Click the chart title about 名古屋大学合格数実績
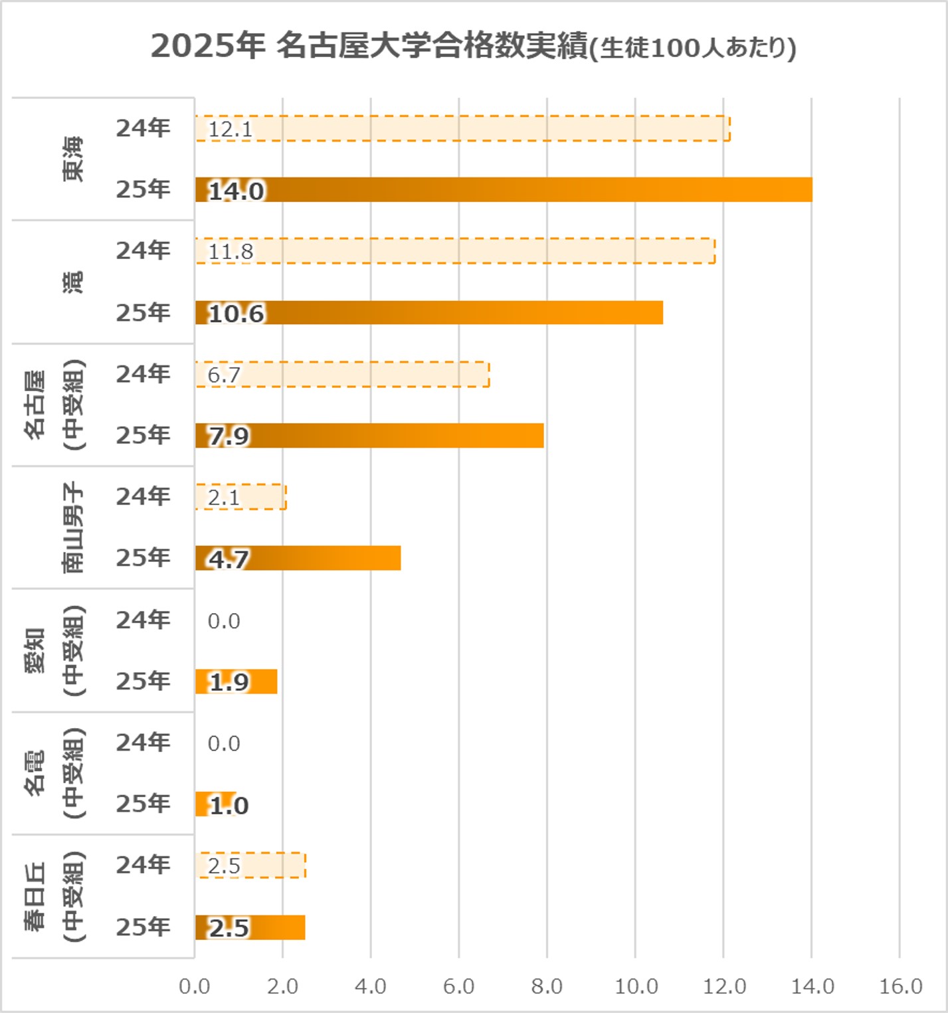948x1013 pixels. [473, 47]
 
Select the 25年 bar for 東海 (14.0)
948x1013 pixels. [504, 190]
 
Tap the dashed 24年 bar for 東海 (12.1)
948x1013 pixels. [463, 128]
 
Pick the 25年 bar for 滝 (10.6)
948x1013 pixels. [429, 313]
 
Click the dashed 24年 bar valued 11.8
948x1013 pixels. [456, 251]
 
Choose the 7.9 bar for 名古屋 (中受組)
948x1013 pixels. [369, 436]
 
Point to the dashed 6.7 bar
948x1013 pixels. [343, 374]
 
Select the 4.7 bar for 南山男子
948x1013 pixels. [298, 559]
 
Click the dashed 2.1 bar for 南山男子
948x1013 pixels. [241, 497]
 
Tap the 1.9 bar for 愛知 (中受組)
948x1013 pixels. [237, 682]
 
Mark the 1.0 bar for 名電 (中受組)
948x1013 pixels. [217, 804]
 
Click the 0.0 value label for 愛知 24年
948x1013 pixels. [224, 621]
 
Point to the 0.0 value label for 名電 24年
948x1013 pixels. [224, 743]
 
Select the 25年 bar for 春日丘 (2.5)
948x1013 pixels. [250, 927]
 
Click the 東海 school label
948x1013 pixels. [73, 159]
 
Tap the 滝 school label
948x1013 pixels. [73, 282]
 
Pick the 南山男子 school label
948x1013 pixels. [73, 527]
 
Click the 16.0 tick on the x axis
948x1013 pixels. [901, 986]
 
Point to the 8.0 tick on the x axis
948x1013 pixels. [547, 986]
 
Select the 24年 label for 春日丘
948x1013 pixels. [143, 865]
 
